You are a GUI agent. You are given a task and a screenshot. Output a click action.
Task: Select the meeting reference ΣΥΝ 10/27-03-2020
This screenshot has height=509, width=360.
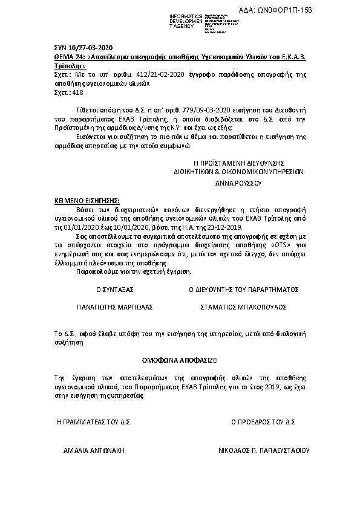pyautogui.click(x=80, y=48)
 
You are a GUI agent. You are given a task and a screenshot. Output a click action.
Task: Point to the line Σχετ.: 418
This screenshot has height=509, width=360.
pyautogui.click(x=60, y=93)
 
